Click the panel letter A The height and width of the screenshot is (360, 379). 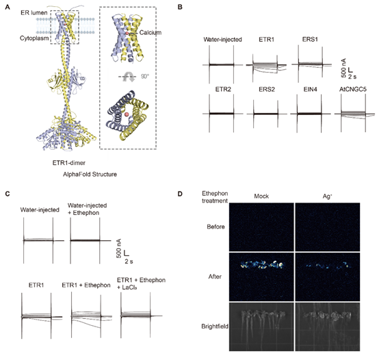(x=8, y=8)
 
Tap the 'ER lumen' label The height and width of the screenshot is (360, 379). (x=34, y=13)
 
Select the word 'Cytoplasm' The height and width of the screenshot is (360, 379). (x=34, y=38)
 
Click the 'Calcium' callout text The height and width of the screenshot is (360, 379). (x=151, y=33)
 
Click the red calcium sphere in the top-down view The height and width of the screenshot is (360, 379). (x=127, y=114)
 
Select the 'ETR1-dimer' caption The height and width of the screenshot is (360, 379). (x=69, y=163)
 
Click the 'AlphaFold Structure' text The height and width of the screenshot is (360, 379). (x=90, y=175)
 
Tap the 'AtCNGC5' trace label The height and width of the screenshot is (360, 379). (x=352, y=90)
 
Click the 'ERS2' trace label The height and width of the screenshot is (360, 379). (x=267, y=90)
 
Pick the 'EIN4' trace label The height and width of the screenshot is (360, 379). (x=310, y=90)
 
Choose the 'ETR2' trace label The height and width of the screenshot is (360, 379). (x=223, y=90)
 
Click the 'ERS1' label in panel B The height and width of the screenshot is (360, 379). (x=310, y=40)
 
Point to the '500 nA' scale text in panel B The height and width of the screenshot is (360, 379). (x=343, y=68)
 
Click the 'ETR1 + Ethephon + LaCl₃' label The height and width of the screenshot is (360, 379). (x=142, y=283)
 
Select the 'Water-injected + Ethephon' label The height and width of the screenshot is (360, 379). (x=87, y=209)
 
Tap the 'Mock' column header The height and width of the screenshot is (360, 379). (x=261, y=196)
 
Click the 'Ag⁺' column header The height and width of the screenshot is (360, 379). (x=327, y=196)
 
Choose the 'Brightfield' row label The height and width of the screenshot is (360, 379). (x=215, y=326)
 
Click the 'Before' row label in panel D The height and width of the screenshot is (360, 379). (x=215, y=227)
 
